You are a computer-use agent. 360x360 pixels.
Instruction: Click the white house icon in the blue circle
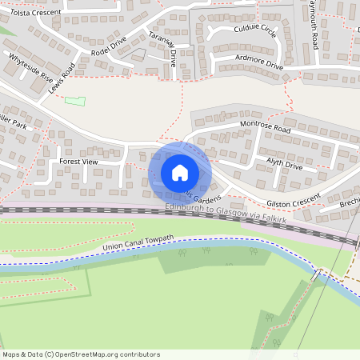pyautogui.click(x=180, y=172)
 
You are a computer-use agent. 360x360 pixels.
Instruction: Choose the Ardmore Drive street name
pyautogui.click(x=260, y=62)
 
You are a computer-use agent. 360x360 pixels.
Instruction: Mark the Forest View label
pyautogui.click(x=78, y=161)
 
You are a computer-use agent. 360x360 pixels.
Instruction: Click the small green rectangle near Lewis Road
pyautogui.click(x=74, y=101)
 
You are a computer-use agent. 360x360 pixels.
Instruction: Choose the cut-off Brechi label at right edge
pyautogui.click(x=349, y=204)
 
